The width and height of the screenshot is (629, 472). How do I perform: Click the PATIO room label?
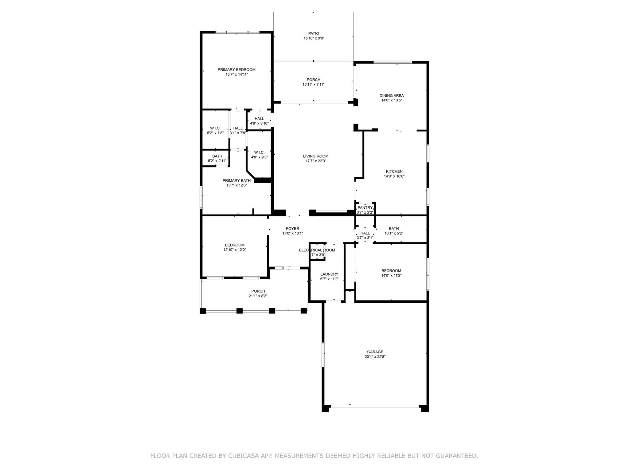[x=314, y=33]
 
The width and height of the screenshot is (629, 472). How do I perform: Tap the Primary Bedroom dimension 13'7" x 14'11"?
[x=236, y=74]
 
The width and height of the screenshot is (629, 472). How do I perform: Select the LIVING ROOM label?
[x=316, y=156]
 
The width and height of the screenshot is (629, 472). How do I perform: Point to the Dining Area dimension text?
[x=392, y=100]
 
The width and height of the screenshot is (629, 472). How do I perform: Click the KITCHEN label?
[x=394, y=171]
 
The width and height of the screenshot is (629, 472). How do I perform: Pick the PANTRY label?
[x=365, y=208]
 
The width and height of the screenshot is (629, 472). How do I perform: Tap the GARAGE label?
[x=375, y=352]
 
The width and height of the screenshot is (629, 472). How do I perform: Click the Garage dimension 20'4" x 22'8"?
[x=375, y=357]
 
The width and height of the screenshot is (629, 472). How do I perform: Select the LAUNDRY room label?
[x=329, y=274]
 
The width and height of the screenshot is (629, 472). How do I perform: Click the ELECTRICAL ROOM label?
[x=317, y=250]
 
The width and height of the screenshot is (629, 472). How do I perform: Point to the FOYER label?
[x=292, y=229]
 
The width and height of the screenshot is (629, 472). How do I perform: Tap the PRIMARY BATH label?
[x=236, y=180]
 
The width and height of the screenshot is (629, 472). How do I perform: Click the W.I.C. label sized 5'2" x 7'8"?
[x=215, y=128]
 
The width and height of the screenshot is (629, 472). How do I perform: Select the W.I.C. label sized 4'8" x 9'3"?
[x=259, y=152]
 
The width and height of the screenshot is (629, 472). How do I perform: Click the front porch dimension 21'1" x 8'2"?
[x=258, y=296]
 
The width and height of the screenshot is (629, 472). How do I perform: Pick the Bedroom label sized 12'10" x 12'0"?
[x=235, y=245]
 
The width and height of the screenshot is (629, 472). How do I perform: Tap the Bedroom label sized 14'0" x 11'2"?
[x=391, y=271]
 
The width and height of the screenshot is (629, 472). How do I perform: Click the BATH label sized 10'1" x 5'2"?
[x=394, y=228]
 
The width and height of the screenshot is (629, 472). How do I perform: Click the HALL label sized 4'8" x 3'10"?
[x=259, y=119]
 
